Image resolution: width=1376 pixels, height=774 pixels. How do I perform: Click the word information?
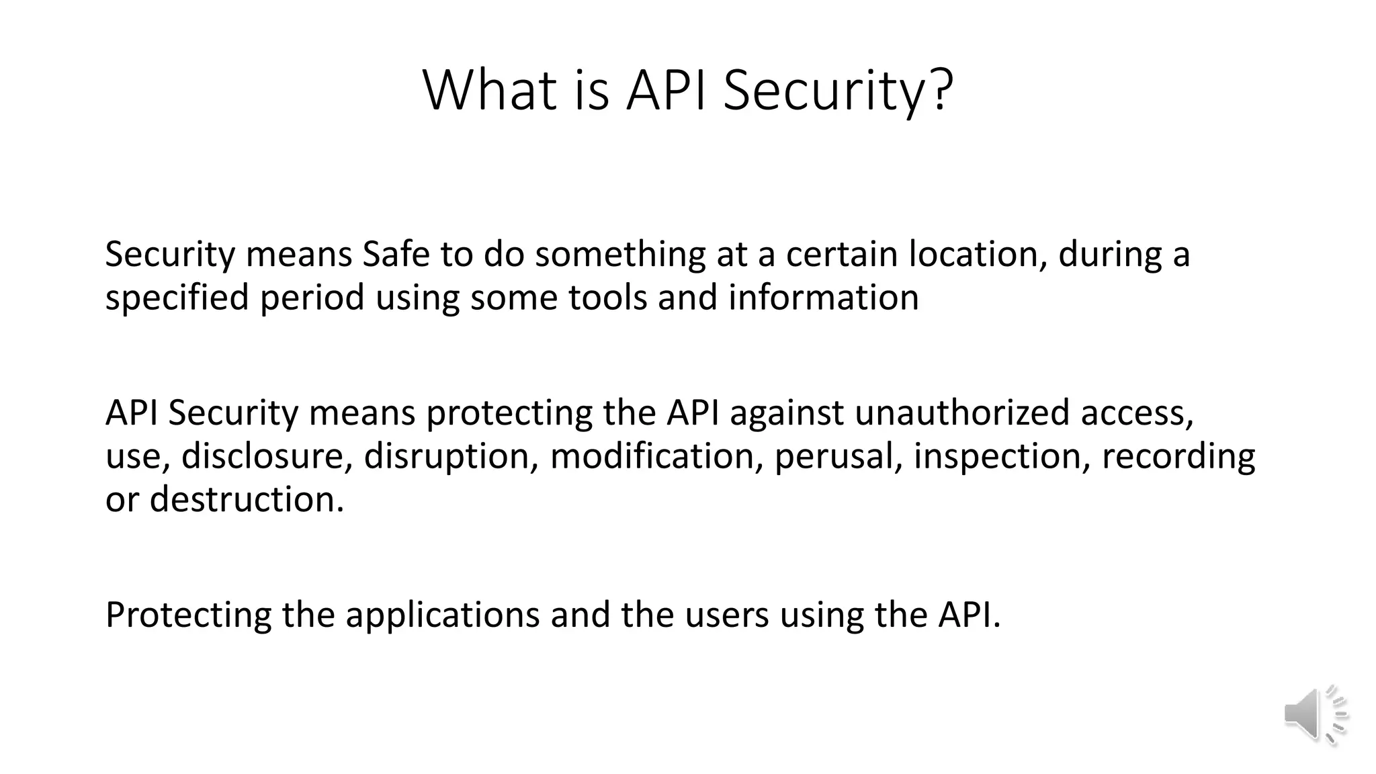click(x=823, y=297)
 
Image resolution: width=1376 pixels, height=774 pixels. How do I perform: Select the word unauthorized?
click(x=961, y=412)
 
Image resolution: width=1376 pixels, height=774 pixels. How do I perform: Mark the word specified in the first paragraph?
click(x=177, y=297)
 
